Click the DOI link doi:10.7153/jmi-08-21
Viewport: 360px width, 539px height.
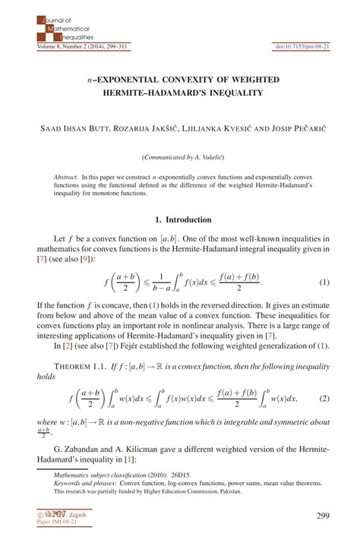click(302, 47)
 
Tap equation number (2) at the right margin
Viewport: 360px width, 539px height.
click(324, 398)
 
